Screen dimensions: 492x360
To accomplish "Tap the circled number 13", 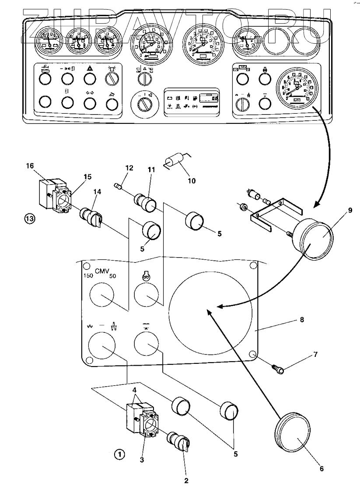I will coord(30,219).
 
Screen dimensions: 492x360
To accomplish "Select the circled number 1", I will coord(119,454).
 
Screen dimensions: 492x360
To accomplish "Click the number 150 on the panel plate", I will coord(88,276).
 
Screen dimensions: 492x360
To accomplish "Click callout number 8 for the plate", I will coord(302,320).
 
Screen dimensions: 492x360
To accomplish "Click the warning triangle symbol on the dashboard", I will coord(90,69).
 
